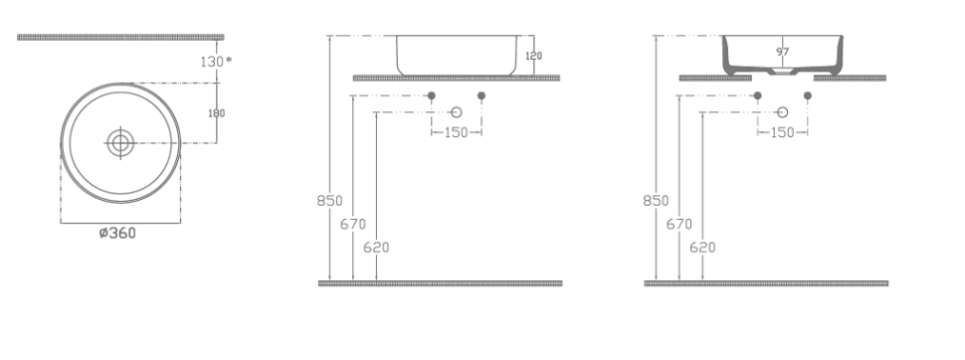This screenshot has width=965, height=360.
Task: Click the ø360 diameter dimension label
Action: (x=117, y=234)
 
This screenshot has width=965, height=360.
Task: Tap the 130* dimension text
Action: (x=216, y=61)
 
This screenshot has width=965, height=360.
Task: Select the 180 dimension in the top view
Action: (x=216, y=113)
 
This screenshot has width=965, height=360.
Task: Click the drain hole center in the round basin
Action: (x=120, y=143)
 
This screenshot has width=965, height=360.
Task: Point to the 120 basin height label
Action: (x=533, y=56)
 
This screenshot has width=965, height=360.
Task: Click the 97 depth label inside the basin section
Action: (x=782, y=53)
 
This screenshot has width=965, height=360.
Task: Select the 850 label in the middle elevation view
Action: (x=330, y=201)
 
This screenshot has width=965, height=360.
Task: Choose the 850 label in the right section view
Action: (x=656, y=201)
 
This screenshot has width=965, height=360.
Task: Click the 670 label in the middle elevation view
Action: (x=352, y=224)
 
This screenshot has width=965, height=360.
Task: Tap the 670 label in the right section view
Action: (x=678, y=224)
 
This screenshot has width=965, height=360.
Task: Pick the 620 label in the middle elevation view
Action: (x=376, y=248)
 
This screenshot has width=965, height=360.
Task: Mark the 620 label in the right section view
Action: (x=702, y=248)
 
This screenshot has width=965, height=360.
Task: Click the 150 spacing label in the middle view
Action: (x=456, y=132)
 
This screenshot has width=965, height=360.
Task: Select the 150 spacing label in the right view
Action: (x=782, y=132)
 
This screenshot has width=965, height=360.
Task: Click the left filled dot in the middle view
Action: (x=432, y=95)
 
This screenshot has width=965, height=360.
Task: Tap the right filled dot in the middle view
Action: (x=482, y=95)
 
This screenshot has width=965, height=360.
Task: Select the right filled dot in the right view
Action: (x=808, y=95)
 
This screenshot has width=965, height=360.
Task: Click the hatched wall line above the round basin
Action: (x=120, y=37)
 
